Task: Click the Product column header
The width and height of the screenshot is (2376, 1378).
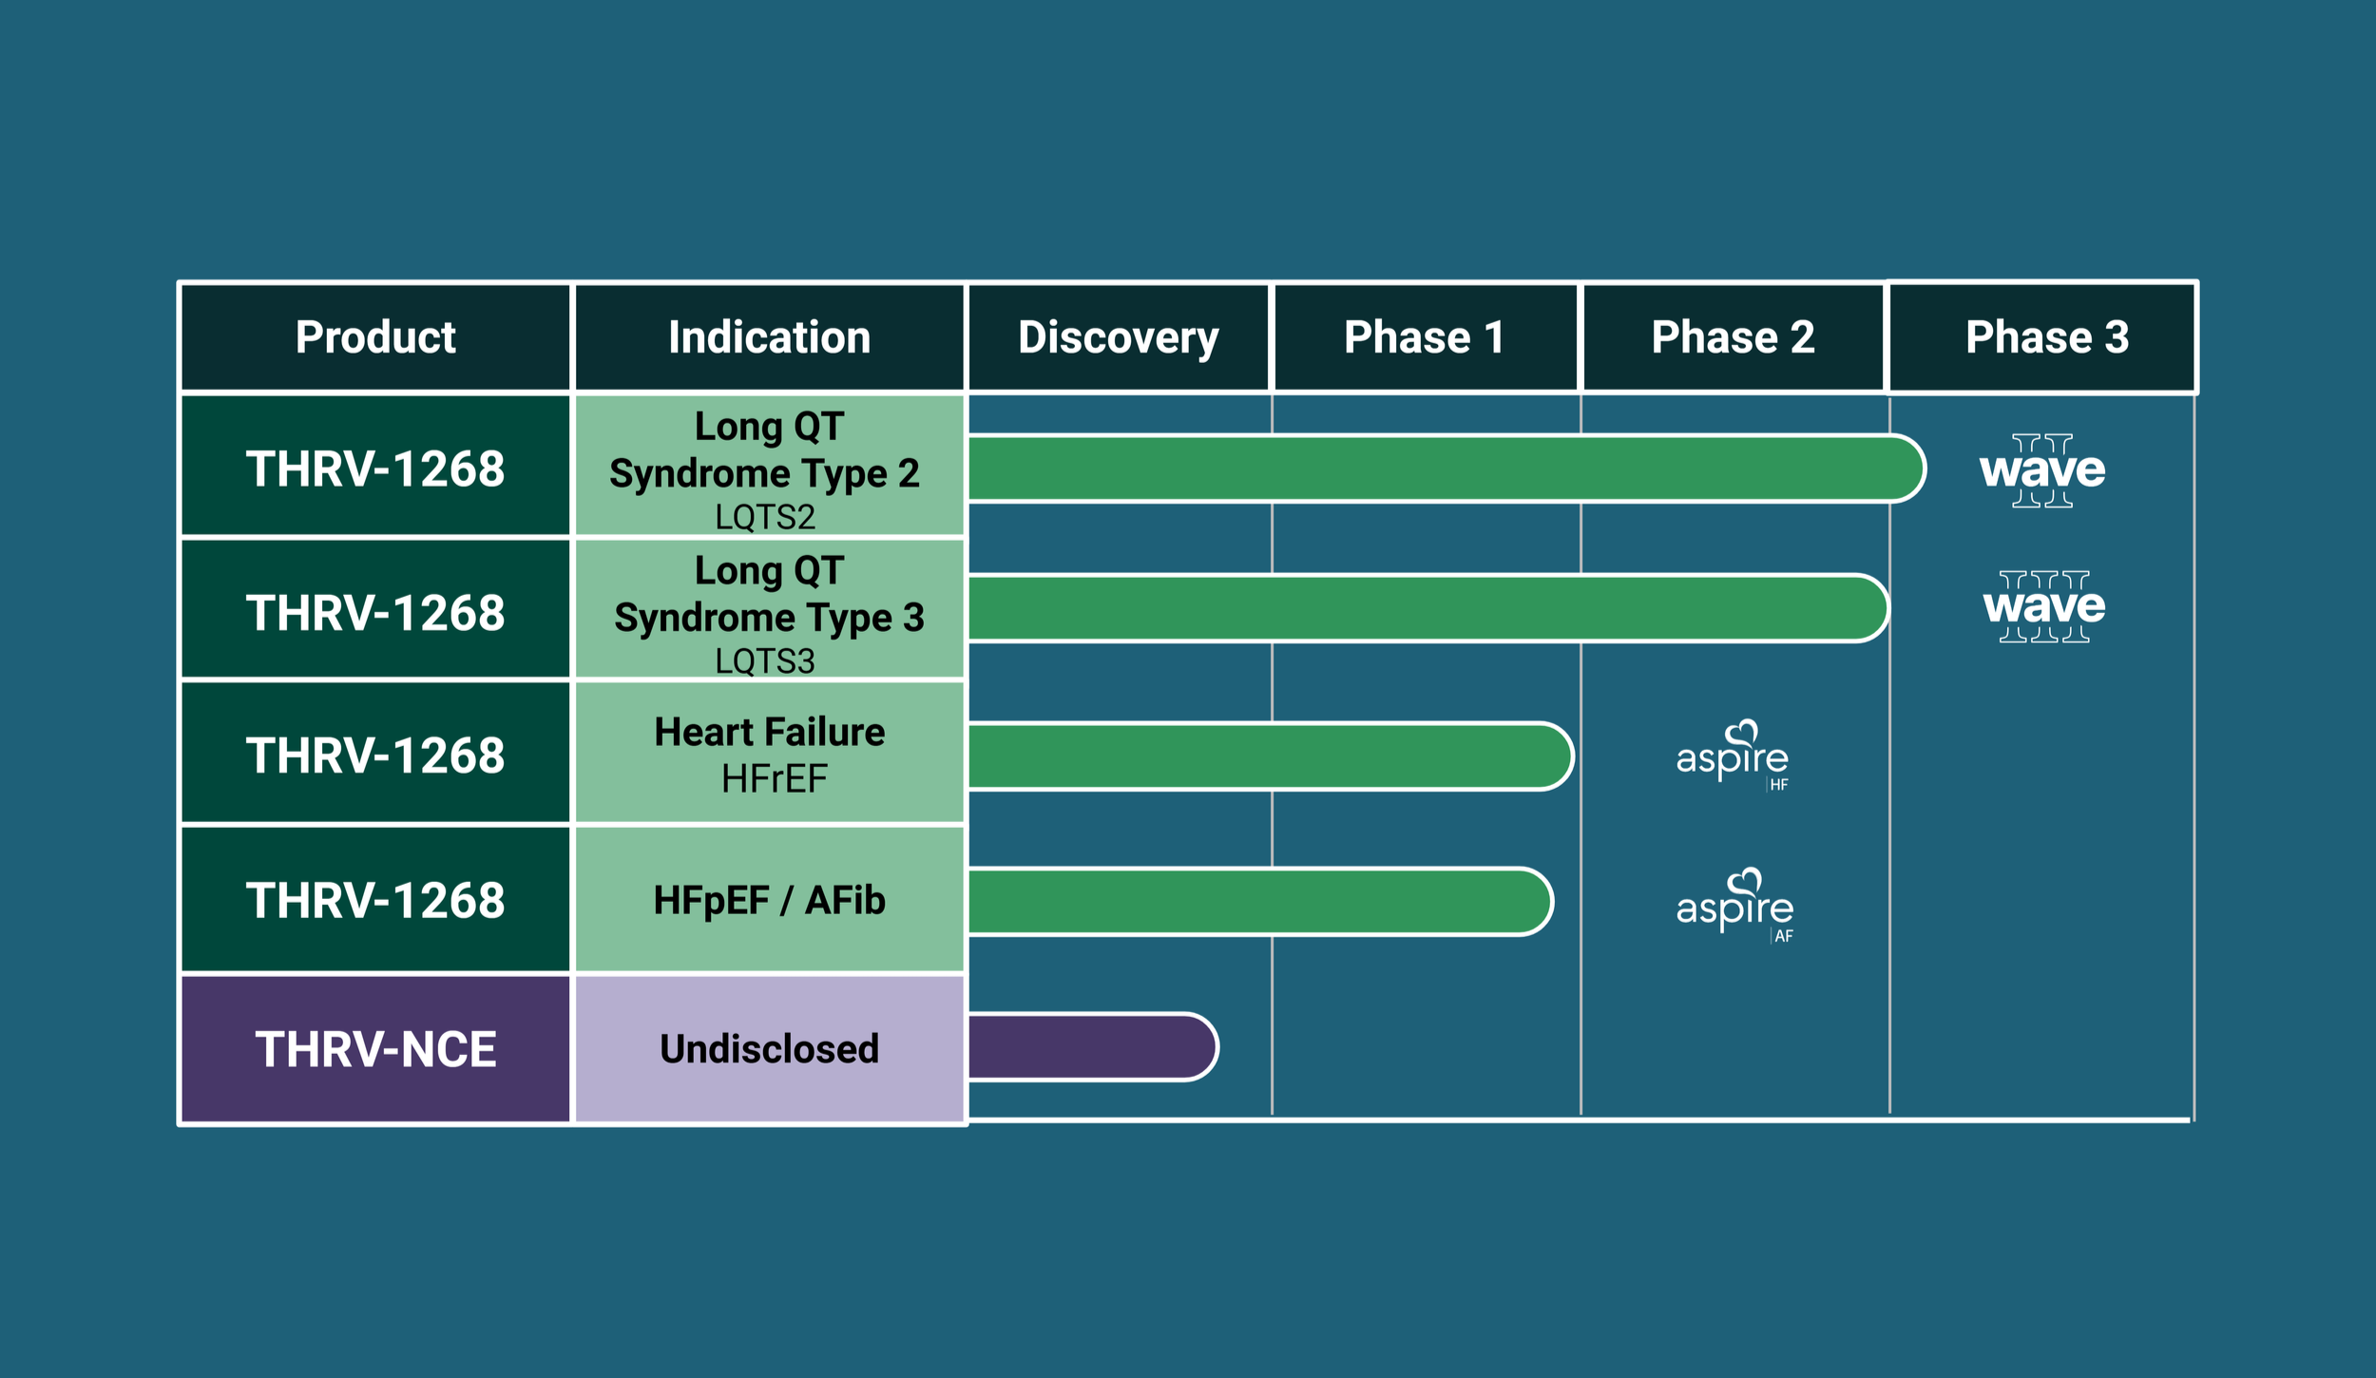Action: pos(375,337)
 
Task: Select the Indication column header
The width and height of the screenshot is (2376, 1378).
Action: pos(769,337)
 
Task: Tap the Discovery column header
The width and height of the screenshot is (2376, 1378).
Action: pos(1118,337)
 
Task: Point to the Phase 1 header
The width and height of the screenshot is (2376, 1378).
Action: pos(1424,337)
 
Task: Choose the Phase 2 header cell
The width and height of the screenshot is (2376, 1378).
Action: pos(1732,337)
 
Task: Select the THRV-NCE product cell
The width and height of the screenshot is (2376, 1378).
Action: pos(375,1049)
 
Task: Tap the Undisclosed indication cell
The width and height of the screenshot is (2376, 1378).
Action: pos(769,1049)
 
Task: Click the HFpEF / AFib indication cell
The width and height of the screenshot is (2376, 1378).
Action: pos(769,900)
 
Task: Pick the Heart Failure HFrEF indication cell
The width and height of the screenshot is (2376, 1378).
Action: pos(769,755)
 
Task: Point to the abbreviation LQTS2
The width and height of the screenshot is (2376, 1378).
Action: pos(765,517)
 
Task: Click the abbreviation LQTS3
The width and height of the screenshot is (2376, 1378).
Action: pos(765,660)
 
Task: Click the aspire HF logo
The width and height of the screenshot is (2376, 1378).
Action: pos(1733,756)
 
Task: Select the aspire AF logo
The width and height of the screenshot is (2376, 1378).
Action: pos(1734,906)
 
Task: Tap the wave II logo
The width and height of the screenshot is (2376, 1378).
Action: pos(2042,470)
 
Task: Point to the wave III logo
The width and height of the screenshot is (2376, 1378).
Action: pos(2043,606)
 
